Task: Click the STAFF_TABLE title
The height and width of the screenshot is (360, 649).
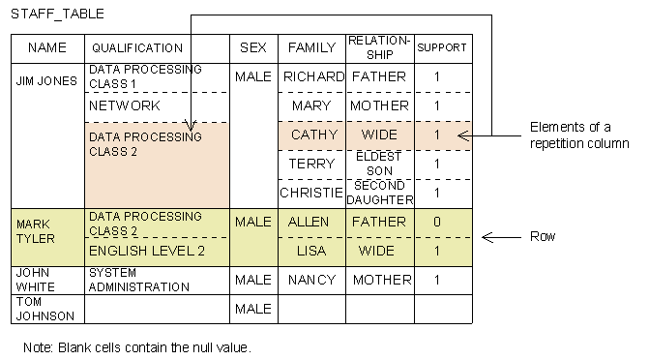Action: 57,15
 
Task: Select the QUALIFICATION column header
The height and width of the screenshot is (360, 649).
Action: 136,48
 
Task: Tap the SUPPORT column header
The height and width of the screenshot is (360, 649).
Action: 442,48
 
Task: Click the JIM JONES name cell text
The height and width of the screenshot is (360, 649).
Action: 46,81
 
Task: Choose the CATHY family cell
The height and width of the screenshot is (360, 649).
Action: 311,135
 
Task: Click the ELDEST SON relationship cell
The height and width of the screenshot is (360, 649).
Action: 379,164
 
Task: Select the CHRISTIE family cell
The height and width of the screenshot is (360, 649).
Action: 311,193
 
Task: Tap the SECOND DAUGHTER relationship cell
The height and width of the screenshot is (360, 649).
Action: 379,193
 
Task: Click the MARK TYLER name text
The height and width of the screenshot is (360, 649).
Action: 38,230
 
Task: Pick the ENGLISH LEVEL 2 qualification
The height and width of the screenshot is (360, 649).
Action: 147,251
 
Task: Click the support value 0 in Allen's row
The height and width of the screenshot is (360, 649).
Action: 437,222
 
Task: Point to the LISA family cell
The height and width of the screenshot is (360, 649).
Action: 311,251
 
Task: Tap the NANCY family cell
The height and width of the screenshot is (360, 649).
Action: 311,280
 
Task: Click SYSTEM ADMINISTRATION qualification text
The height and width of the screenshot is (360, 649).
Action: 138,280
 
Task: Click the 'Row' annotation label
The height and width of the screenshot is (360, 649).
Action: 542,237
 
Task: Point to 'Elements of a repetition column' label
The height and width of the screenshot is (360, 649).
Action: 578,135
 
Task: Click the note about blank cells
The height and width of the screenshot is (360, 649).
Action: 137,346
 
